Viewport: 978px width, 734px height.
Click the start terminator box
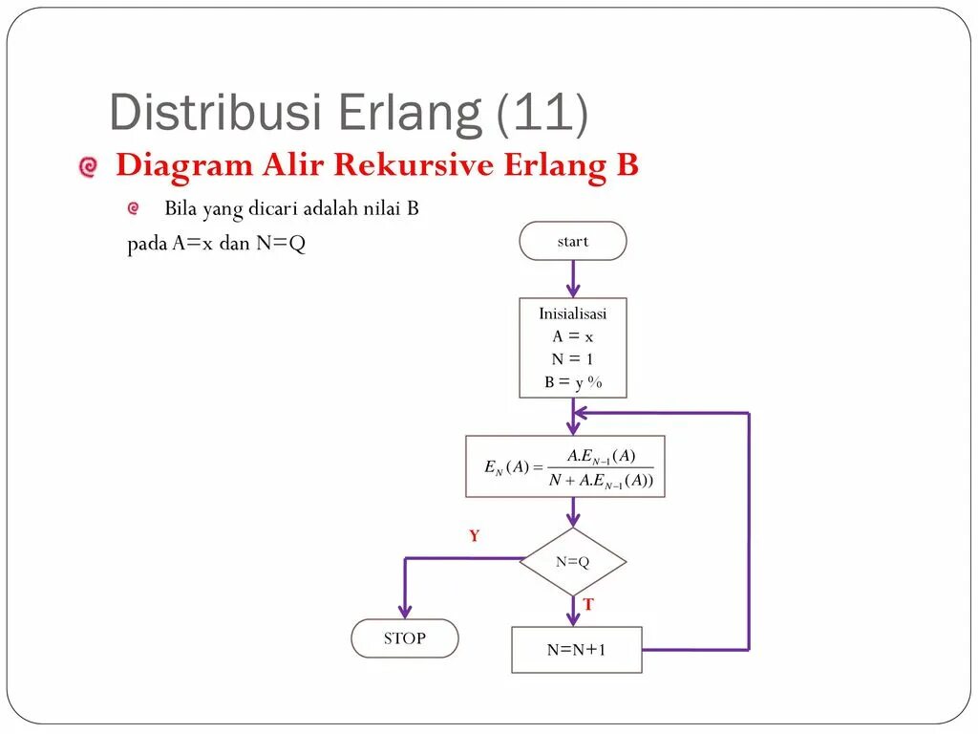[x=573, y=241]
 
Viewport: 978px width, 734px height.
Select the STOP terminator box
[x=405, y=638]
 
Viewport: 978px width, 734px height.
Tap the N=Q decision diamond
[x=573, y=562]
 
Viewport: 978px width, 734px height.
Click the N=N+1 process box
[x=577, y=650]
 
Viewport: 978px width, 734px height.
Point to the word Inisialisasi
[x=573, y=313]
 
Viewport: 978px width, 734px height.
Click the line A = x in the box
[x=573, y=336]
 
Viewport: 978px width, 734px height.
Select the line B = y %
[x=573, y=382]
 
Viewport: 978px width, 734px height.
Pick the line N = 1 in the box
[x=573, y=359]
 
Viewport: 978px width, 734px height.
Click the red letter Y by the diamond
[x=474, y=536]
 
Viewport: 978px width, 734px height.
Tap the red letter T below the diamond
[x=588, y=604]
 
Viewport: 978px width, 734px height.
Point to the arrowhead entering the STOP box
[x=405, y=612]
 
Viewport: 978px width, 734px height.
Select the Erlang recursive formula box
[x=565, y=466]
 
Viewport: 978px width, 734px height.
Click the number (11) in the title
[x=542, y=113]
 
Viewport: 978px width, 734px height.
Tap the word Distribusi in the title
[x=215, y=113]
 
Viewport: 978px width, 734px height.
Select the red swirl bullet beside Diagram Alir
[x=88, y=167]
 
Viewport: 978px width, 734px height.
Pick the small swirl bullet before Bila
[x=134, y=208]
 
